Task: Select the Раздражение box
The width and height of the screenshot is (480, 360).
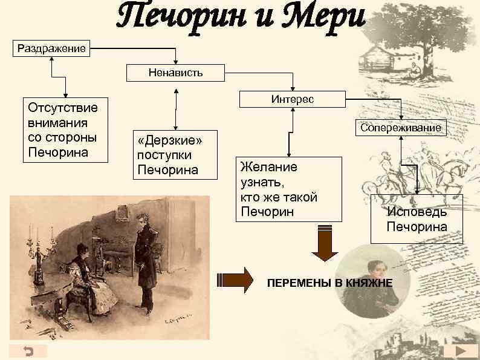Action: (x=51, y=47)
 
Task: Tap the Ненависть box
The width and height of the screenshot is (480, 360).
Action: (x=175, y=73)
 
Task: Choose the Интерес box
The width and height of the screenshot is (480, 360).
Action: (x=293, y=99)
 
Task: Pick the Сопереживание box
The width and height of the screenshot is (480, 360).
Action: (x=401, y=128)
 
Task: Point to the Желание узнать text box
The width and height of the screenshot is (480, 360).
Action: (x=288, y=189)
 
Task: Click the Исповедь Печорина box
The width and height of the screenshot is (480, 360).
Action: (x=417, y=219)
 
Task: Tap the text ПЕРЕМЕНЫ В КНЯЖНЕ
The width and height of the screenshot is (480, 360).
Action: (x=330, y=283)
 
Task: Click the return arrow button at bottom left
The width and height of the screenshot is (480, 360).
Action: (x=28, y=352)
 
